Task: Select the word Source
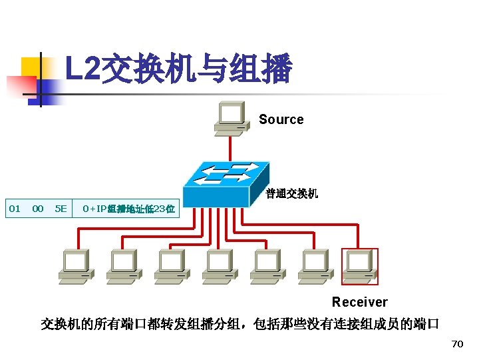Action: point(281,120)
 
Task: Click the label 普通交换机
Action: point(292,194)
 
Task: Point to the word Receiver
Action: point(359,302)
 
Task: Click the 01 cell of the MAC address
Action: point(14,209)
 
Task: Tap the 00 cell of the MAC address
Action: point(38,209)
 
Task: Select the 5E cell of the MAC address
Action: point(61,209)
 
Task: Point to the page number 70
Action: point(456,344)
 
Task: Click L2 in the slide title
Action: point(81,70)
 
